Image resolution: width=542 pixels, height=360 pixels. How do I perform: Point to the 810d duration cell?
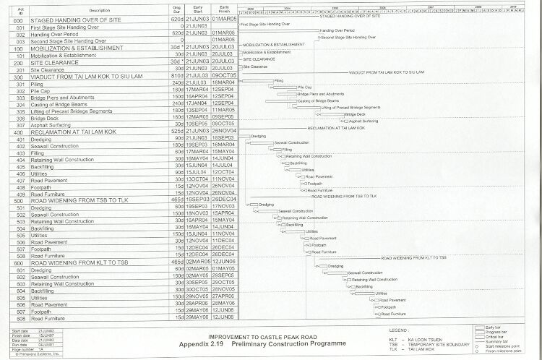coord(173,73)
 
